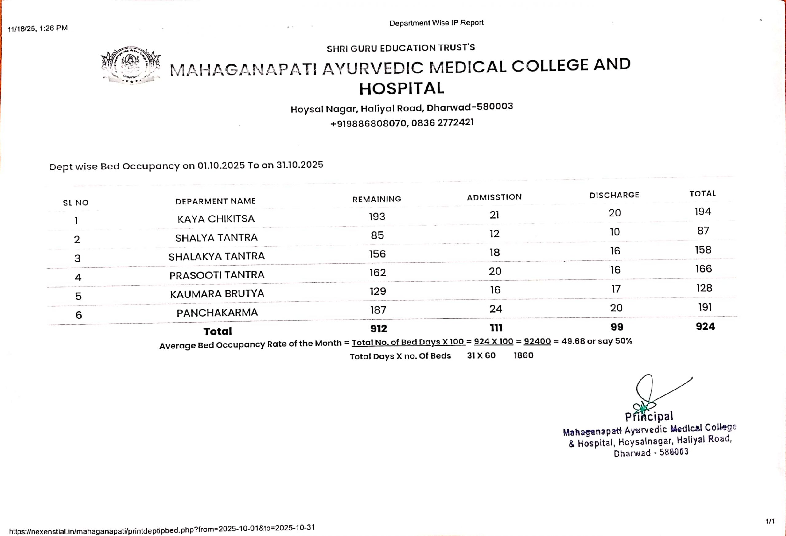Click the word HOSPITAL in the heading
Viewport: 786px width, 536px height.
pyautogui.click(x=402, y=89)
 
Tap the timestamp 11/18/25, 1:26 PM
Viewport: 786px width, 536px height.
pyautogui.click(x=37, y=29)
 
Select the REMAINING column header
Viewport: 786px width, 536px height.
pyautogui.click(x=377, y=199)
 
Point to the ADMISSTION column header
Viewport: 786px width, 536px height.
pyautogui.click(x=494, y=197)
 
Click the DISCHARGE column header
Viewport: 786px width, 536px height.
pyautogui.click(x=614, y=195)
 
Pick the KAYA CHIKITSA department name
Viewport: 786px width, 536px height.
pyautogui.click(x=216, y=219)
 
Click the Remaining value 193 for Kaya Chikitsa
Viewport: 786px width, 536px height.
pyautogui.click(x=377, y=216)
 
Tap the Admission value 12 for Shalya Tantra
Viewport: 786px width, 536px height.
pyautogui.click(x=494, y=234)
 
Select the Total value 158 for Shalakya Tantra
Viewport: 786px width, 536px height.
pyautogui.click(x=703, y=250)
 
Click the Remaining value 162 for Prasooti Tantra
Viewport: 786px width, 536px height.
pyautogui.click(x=377, y=273)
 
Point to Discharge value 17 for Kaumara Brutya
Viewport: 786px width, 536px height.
pyautogui.click(x=616, y=289)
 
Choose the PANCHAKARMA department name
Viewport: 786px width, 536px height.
pyautogui.click(x=217, y=313)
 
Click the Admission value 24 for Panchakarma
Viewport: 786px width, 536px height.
pyautogui.click(x=496, y=309)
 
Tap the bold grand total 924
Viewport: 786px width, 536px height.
pyautogui.click(x=705, y=327)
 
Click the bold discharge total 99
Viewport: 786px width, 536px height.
pyautogui.click(x=617, y=327)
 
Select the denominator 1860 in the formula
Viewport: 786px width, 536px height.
pyautogui.click(x=523, y=355)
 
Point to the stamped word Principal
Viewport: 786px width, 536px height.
pyautogui.click(x=649, y=417)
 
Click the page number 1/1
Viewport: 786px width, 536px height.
pyautogui.click(x=770, y=521)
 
